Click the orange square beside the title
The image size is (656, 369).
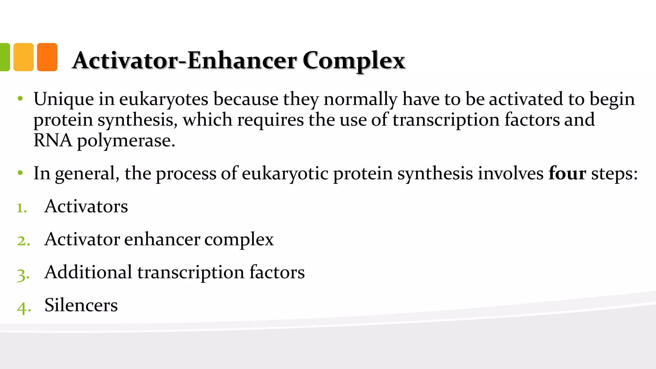[x=47, y=57]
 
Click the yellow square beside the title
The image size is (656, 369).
[x=23, y=57]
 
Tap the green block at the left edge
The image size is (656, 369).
[x=5, y=57]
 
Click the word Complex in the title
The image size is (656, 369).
[x=354, y=61]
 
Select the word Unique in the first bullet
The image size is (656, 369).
[x=63, y=99]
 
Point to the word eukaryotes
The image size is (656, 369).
[x=164, y=100]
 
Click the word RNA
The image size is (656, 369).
[x=53, y=140]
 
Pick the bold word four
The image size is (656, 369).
[x=567, y=173]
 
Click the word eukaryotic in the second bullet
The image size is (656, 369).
[x=285, y=174]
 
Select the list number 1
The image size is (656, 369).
[x=21, y=208]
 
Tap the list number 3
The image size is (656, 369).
[x=23, y=274]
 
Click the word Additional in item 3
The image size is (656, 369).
[x=88, y=272]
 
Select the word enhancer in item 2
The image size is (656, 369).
[x=162, y=239]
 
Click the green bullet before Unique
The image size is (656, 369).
[x=20, y=99]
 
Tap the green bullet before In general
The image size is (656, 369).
[x=20, y=173]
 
